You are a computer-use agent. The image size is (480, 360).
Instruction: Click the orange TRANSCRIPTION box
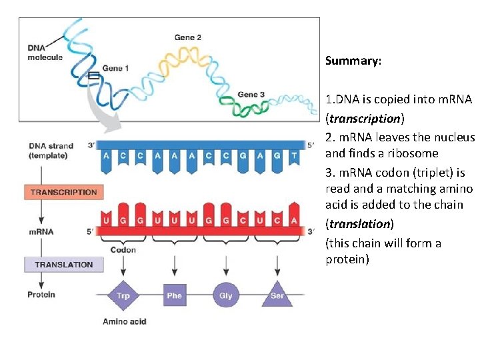(64, 192)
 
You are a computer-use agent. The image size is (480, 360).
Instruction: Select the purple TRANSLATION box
(64, 264)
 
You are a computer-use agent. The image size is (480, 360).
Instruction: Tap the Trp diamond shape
(123, 295)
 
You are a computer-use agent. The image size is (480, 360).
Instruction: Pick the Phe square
(174, 295)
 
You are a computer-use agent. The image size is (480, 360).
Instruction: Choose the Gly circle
(226, 295)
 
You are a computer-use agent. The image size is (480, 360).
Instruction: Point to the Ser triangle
(277, 295)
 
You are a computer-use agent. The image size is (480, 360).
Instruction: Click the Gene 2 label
(188, 37)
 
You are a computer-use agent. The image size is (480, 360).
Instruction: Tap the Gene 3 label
(251, 95)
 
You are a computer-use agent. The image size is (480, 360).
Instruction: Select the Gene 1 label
(115, 68)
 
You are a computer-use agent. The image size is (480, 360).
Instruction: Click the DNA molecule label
(45, 52)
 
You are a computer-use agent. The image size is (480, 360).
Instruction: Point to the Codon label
(123, 250)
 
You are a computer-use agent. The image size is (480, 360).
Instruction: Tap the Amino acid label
(124, 321)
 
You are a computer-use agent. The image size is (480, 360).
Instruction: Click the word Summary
(353, 61)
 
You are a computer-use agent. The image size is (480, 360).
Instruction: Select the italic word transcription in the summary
(365, 118)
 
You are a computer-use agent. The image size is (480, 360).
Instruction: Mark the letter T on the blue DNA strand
(294, 155)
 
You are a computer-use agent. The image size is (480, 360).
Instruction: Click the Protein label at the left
(41, 295)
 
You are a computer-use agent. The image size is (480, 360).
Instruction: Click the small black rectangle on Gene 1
(94, 75)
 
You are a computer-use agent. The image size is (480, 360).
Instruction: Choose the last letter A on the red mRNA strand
(294, 219)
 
